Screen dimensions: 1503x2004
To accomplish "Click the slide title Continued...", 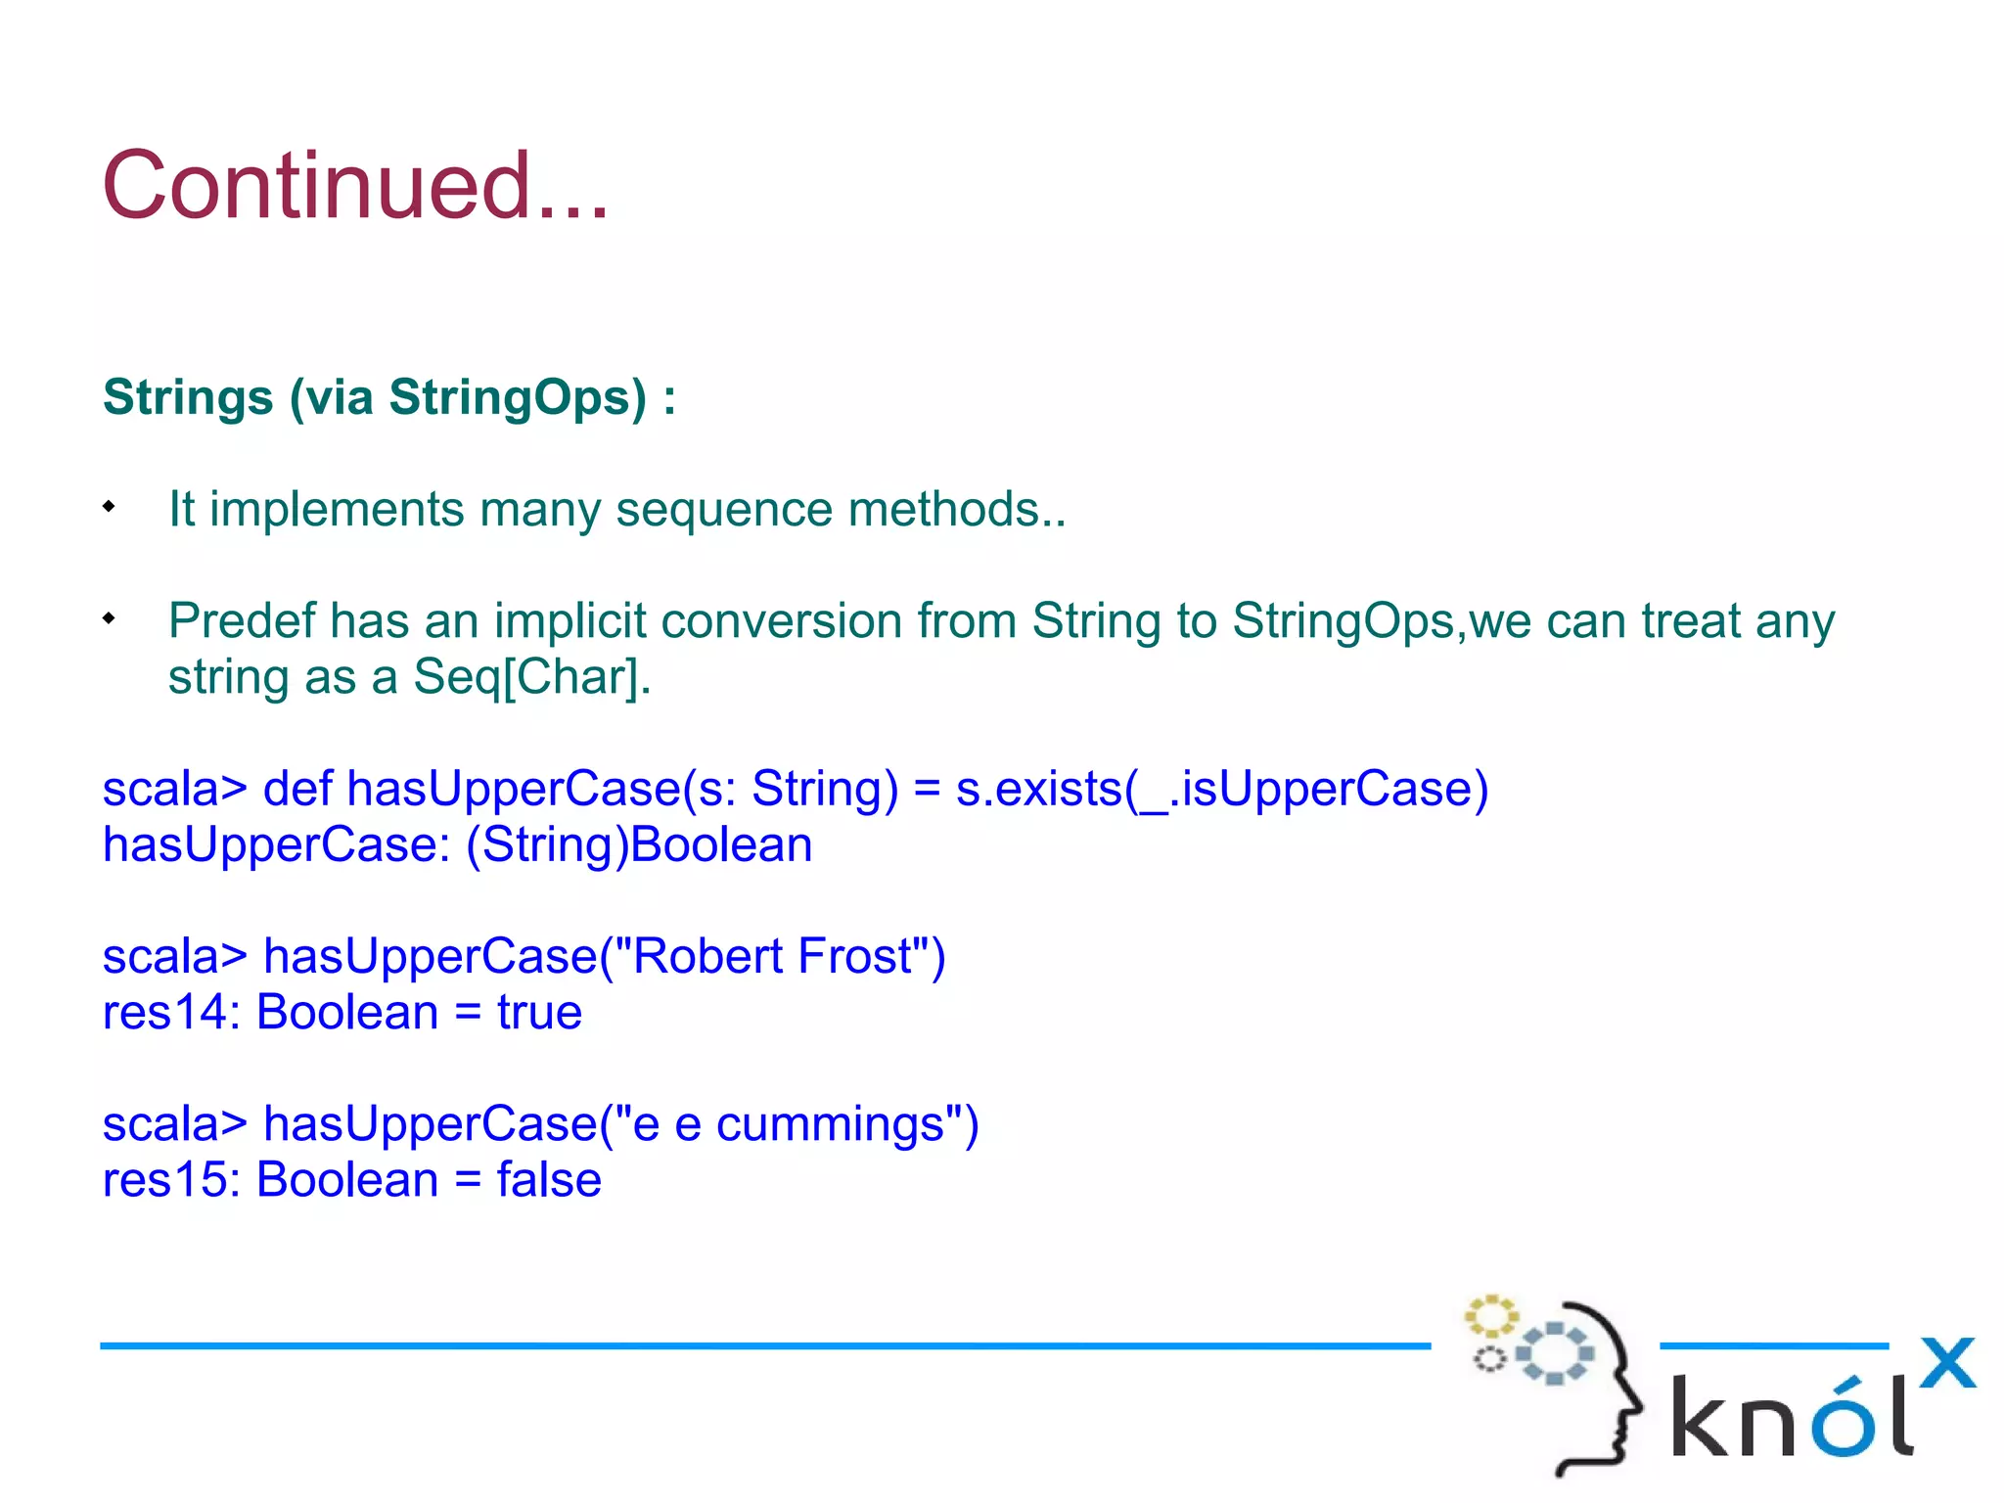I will [355, 186].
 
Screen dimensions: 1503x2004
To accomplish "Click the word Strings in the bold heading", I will [188, 398].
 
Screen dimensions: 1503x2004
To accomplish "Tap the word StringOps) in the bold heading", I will [518, 398].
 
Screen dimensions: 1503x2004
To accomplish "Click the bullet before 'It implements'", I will [110, 507].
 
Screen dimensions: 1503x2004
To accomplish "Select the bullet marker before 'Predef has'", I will [110, 618].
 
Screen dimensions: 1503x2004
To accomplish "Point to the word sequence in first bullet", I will [723, 510].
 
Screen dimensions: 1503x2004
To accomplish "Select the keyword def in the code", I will [297, 789].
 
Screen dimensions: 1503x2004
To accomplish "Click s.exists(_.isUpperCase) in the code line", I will [1221, 789].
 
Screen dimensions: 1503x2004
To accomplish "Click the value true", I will [539, 1012].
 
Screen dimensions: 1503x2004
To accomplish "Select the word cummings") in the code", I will [846, 1124].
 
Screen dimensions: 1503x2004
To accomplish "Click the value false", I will [548, 1180].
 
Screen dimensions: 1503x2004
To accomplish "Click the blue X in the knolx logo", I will [1946, 1363].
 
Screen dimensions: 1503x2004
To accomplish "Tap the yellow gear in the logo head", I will [1490, 1317].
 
